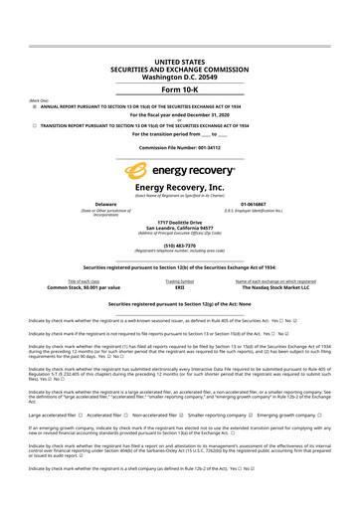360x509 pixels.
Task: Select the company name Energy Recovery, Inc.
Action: click(180, 186)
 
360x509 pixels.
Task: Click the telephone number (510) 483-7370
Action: click(180, 245)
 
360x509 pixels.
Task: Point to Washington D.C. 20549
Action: click(180, 46)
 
